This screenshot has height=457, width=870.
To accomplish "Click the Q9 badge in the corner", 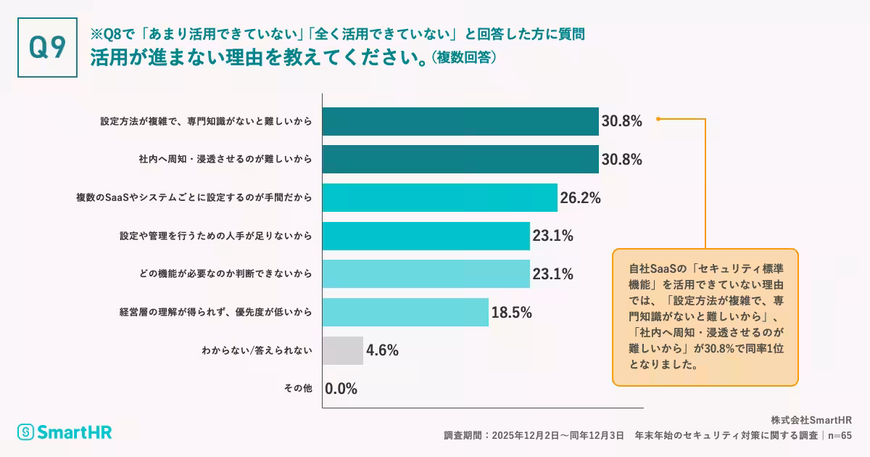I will tap(47, 47).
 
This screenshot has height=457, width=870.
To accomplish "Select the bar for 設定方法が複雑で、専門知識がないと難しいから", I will tap(460, 121).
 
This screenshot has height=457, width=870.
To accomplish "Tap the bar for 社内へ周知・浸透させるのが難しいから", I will tap(460, 159).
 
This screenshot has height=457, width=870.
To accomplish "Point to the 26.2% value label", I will tap(580, 197).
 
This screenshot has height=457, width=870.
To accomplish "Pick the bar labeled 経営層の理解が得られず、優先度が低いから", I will tap(405, 312).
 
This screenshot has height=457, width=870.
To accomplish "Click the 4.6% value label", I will tap(383, 350).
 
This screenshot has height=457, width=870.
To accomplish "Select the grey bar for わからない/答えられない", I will tap(343, 350).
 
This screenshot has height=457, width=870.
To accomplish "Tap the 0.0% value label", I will tap(341, 389).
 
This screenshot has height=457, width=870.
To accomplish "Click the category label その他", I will tap(298, 389).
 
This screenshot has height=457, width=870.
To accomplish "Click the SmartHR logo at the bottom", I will tap(65, 432).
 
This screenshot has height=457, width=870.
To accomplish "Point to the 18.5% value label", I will tap(512, 312).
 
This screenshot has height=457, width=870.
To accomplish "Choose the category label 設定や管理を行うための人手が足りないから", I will tap(216, 236).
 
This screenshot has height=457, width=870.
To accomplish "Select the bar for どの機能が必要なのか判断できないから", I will tap(426, 273).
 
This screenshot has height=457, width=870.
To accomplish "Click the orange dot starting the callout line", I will tap(658, 118).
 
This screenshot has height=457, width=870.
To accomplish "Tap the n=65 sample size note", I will tap(840, 435).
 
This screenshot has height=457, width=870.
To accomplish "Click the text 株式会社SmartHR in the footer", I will tap(811, 420).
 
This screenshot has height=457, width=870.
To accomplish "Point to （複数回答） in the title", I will tap(464, 57).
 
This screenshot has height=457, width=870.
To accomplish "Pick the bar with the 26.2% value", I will tap(439, 197).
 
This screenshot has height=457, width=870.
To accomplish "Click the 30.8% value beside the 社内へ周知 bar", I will tap(621, 159).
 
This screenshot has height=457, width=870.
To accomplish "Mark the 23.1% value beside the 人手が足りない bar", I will tap(553, 236).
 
